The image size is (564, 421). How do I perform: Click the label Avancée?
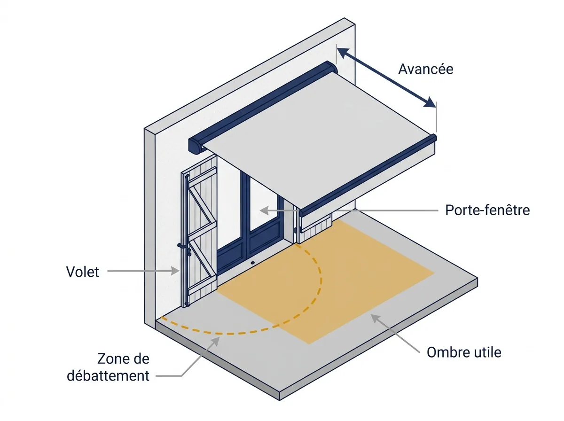click(425, 69)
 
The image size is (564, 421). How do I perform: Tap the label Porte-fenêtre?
click(487, 210)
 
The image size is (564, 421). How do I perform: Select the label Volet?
click(82, 272)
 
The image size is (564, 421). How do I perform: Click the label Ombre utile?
click(464, 352)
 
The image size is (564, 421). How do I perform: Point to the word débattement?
click(108, 376)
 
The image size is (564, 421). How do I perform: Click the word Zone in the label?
click(112, 359)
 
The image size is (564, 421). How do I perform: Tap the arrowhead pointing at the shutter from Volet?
click(175, 271)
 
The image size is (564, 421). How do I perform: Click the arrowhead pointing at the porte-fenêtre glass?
click(264, 210)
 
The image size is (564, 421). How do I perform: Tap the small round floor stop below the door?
click(252, 263)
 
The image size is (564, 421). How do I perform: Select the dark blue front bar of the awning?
click(368, 175)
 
